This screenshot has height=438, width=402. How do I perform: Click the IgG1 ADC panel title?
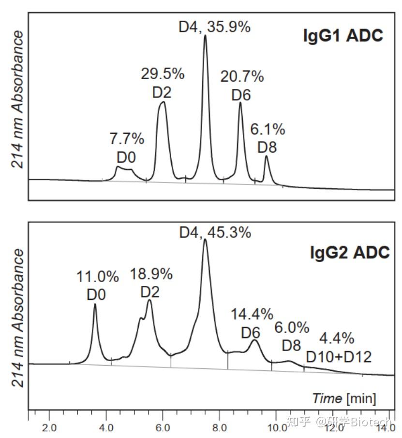tap(343, 36)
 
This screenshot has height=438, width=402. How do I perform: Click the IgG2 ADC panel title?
tap(349, 253)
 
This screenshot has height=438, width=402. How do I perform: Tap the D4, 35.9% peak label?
tap(214, 27)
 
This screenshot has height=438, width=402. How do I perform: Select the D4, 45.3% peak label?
tap(215, 232)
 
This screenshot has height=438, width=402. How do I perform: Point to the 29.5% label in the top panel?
tap(163, 74)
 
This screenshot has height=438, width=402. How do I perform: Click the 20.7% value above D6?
tap(242, 76)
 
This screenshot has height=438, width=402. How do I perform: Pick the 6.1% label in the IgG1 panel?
tap(268, 129)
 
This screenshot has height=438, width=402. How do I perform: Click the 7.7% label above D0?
tap(127, 139)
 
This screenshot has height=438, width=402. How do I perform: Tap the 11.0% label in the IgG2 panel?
tap(97, 277)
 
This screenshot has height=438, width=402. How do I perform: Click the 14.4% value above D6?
tap(252, 314)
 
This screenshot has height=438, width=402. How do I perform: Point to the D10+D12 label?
tap(339, 357)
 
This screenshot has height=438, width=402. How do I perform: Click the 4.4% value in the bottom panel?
tap(337, 338)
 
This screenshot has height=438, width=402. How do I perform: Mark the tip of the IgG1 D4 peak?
tap(205, 35)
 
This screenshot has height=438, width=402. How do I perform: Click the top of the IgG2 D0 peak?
tap(95, 304)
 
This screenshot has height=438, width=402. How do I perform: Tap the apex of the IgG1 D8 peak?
tap(266, 156)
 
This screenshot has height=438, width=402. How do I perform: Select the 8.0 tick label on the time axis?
tap(220, 427)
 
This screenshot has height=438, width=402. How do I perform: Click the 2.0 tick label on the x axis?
tap(49, 427)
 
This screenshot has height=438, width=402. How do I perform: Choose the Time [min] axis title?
tap(344, 398)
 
